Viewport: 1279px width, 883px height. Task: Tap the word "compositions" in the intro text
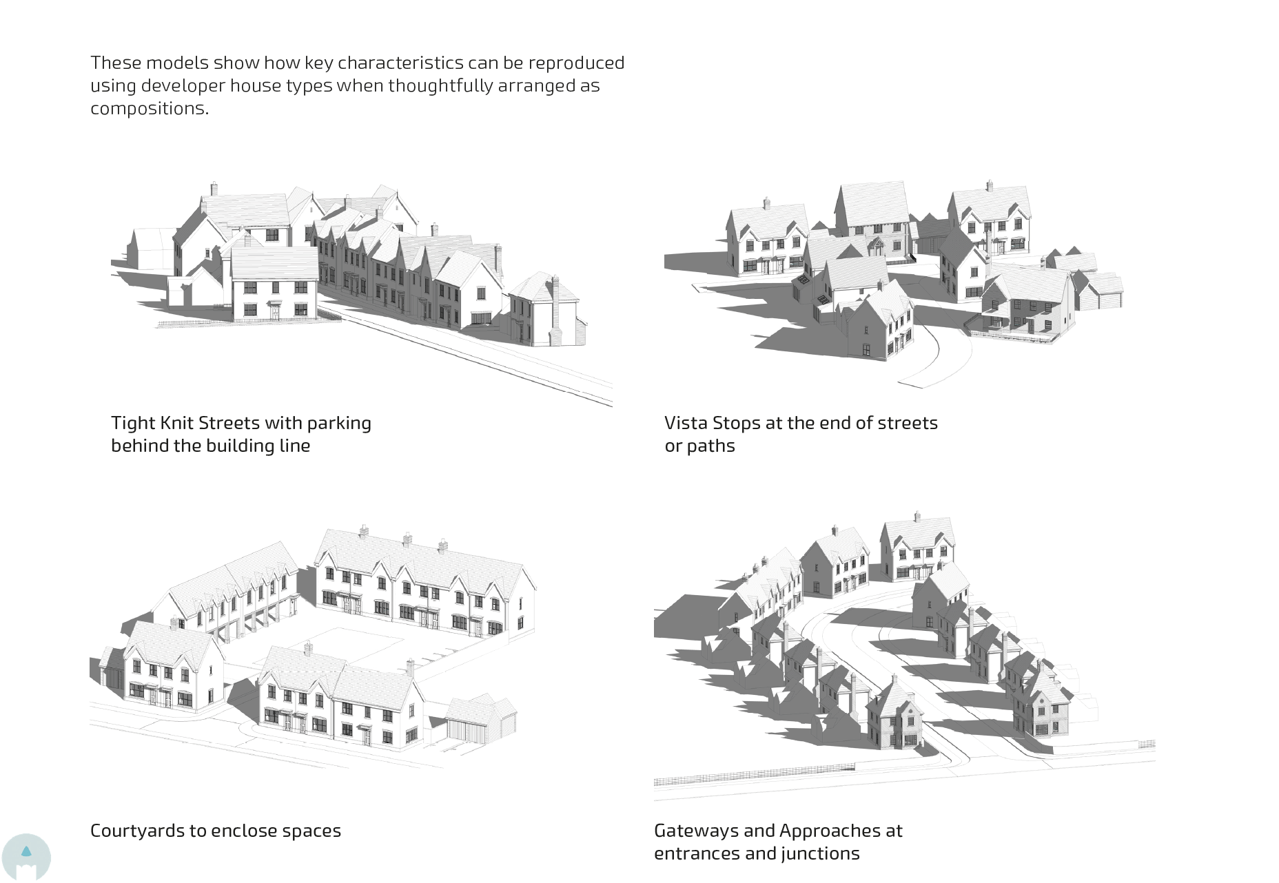[148, 109]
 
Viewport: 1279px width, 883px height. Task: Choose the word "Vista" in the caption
[686, 423]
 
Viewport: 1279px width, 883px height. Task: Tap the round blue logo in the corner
[26, 857]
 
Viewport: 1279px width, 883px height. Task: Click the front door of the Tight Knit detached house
[275, 311]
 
